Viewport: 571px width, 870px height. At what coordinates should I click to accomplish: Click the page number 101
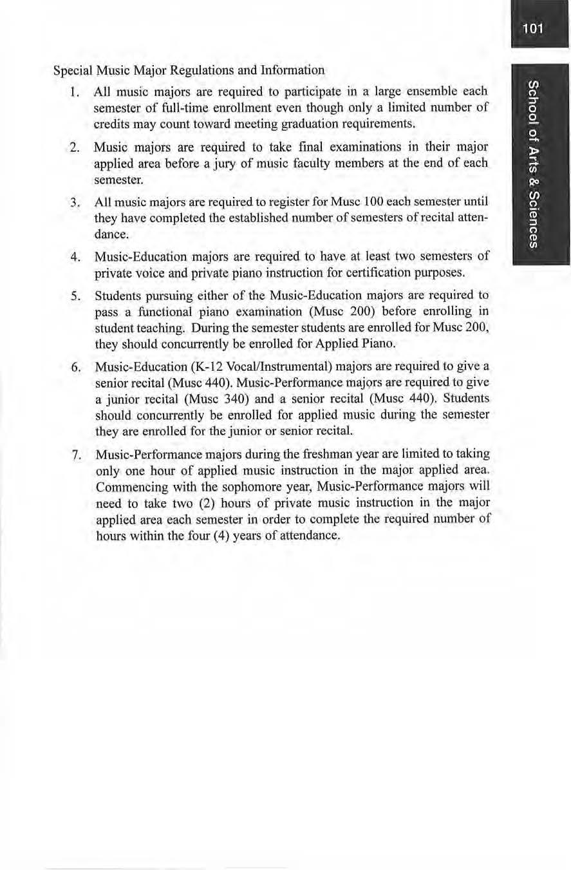534,28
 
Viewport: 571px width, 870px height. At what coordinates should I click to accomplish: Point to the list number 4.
74,258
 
